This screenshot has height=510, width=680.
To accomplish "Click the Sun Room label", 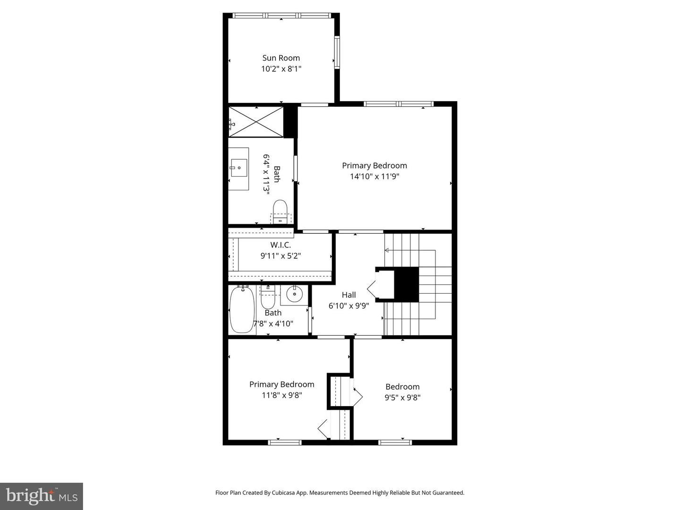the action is (x=281, y=58).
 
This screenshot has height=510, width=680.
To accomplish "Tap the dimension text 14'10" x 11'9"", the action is (x=374, y=177).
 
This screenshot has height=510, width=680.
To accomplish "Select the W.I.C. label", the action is (x=280, y=245).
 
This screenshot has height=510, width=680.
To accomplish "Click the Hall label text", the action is (x=349, y=295).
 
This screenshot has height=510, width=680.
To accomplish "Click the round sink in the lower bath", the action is (x=294, y=294).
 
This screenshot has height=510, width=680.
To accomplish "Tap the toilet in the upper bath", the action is (x=280, y=212).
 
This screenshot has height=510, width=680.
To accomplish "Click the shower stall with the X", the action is (x=256, y=122).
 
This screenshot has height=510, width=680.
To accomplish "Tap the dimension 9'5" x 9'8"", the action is (x=402, y=397).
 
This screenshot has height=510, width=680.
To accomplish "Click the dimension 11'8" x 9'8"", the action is (x=281, y=395).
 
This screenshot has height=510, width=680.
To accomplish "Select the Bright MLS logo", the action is (x=42, y=496).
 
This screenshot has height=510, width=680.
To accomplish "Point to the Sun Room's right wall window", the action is (x=337, y=52).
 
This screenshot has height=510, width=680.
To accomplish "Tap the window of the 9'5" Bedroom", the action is (x=395, y=442).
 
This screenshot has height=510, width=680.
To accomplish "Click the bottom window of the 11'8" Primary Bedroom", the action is (x=284, y=442).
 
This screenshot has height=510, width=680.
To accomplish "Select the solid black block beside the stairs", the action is (x=406, y=284).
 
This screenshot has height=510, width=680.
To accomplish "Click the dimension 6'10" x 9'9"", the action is (x=349, y=306).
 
